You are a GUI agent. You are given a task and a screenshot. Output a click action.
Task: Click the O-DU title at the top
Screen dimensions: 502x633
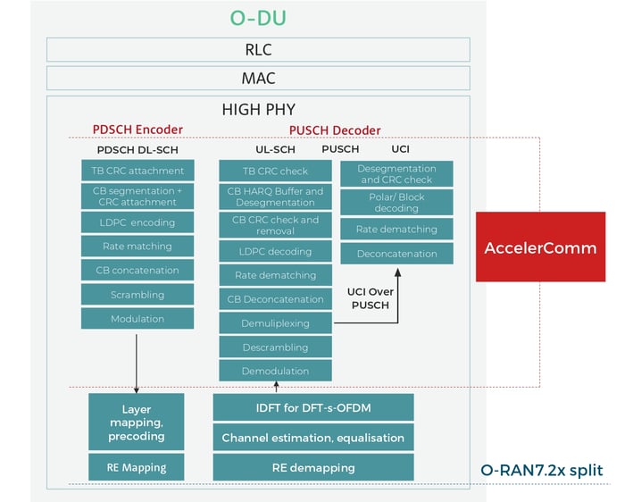pyautogui.click(x=258, y=18)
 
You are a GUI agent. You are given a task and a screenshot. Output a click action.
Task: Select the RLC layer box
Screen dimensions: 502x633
pyautogui.click(x=258, y=50)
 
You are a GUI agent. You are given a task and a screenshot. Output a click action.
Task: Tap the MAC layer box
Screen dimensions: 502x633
pyautogui.click(x=258, y=79)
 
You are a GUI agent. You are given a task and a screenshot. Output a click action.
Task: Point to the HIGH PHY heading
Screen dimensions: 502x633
pyautogui.click(x=258, y=109)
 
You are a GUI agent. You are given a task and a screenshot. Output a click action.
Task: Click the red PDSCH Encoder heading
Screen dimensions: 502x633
pyautogui.click(x=137, y=130)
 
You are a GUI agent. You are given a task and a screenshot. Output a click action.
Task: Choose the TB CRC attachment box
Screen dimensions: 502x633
pyautogui.click(x=137, y=171)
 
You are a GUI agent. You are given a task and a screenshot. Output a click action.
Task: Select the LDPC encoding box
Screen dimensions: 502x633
pyautogui.click(x=137, y=222)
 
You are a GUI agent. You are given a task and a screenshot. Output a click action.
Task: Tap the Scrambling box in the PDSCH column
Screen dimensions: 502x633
pyautogui.click(x=137, y=294)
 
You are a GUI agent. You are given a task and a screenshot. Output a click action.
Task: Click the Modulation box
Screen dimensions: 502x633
pyautogui.click(x=137, y=318)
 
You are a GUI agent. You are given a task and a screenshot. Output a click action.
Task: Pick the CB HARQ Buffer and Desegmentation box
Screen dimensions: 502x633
pyautogui.click(x=276, y=197)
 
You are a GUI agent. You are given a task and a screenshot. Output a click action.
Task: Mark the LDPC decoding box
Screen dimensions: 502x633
pyautogui.click(x=276, y=251)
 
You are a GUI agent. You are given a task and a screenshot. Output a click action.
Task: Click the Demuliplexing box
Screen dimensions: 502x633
pyautogui.click(x=276, y=323)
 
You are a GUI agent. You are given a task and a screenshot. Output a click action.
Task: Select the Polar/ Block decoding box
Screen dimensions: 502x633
pyautogui.click(x=396, y=202)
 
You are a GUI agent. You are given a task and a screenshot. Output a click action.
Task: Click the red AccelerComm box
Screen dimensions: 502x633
pyautogui.click(x=540, y=247)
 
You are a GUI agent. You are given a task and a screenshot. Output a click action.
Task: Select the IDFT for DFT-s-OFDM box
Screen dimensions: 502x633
pyautogui.click(x=312, y=408)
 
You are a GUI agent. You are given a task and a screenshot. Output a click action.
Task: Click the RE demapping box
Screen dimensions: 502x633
pyautogui.click(x=312, y=466)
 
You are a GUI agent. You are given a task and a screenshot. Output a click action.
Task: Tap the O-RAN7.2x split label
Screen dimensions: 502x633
pyautogui.click(x=541, y=469)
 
